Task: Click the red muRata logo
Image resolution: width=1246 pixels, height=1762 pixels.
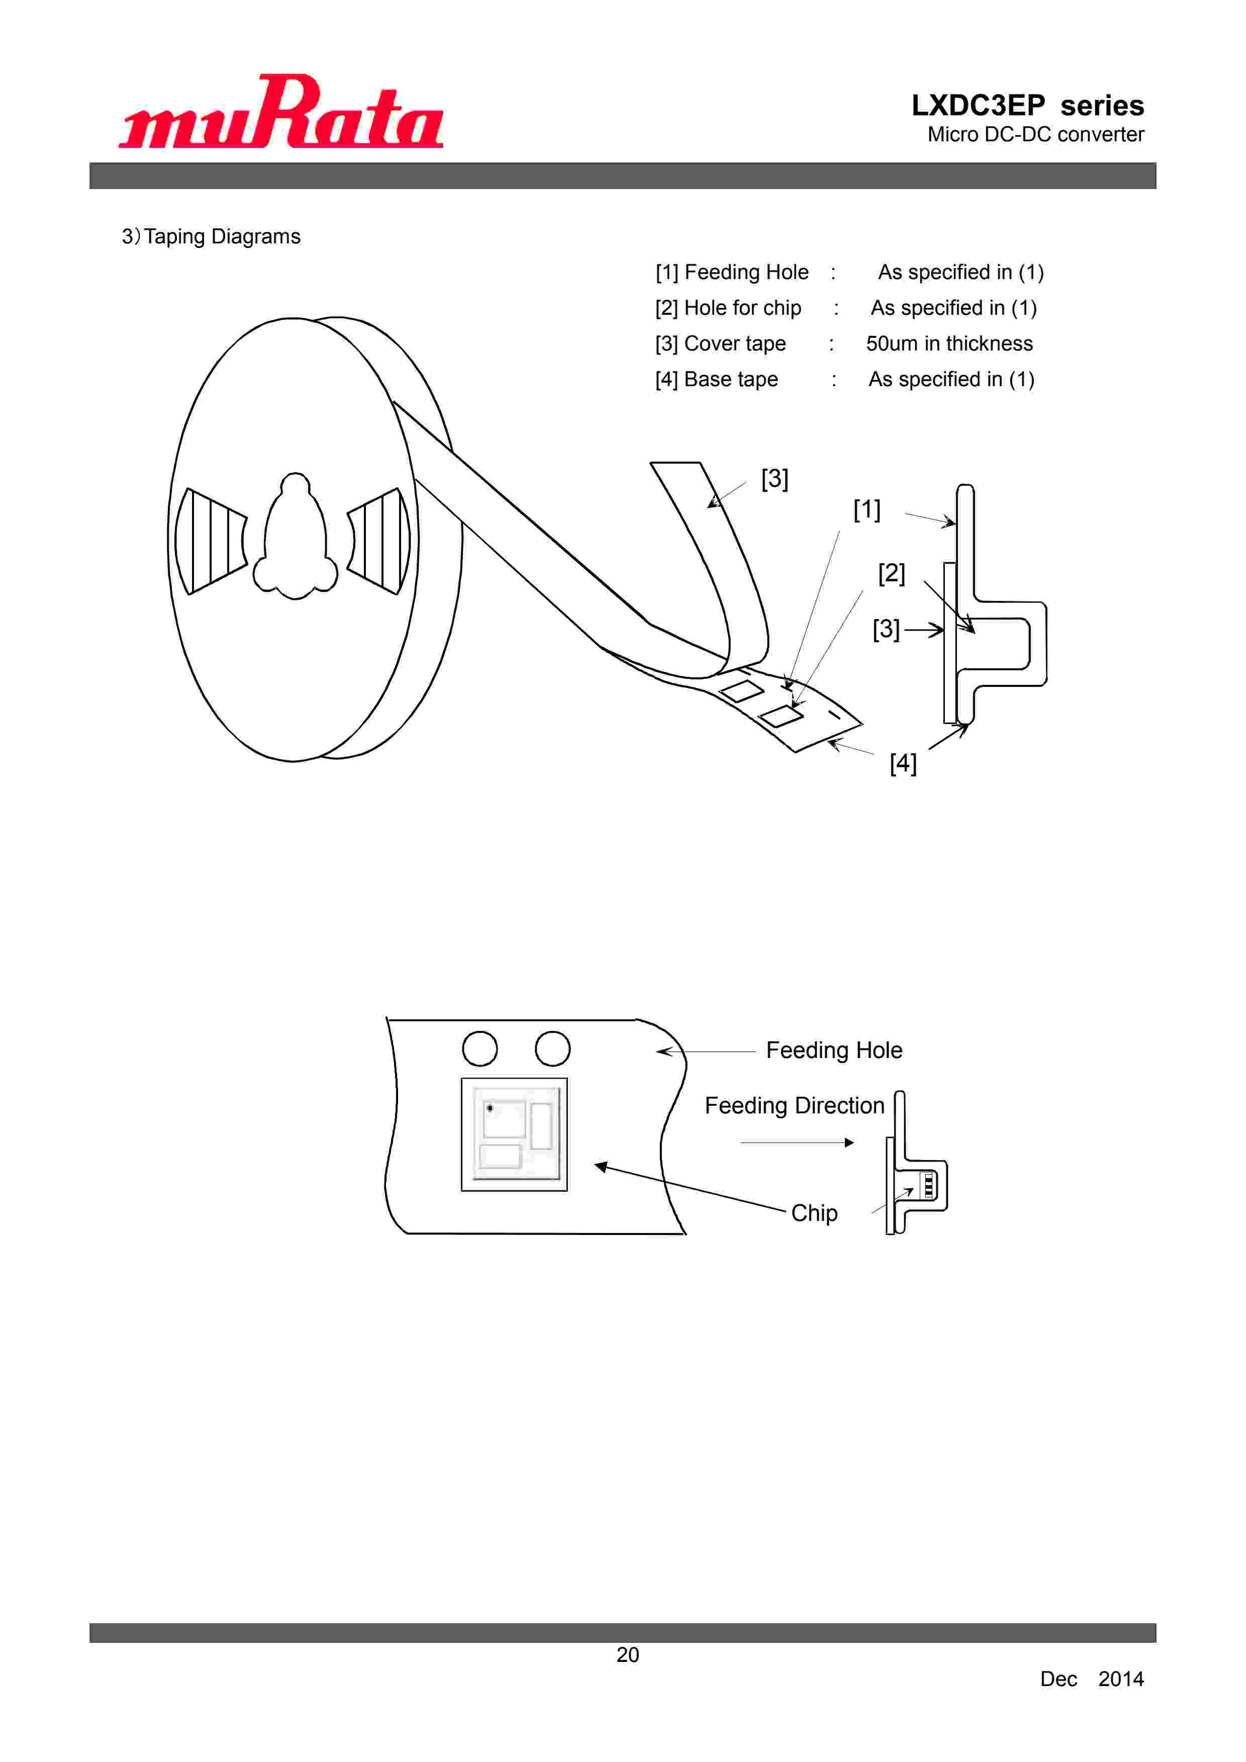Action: coord(281,112)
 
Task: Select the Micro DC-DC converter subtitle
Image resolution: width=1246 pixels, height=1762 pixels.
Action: coord(1035,134)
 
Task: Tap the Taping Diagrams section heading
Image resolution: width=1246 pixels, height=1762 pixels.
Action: coord(211,236)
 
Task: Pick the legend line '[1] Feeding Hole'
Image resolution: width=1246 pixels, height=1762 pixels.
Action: coord(731,273)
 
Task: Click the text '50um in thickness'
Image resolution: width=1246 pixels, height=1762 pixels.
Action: coord(949,344)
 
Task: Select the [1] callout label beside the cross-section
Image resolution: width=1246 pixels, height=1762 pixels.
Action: coord(867,509)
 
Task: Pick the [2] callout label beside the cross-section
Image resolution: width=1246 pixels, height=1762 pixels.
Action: coord(892,573)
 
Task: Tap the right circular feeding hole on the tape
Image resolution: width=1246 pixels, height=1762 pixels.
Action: coord(552,1048)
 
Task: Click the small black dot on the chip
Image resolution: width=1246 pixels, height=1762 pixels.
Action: coord(490,1108)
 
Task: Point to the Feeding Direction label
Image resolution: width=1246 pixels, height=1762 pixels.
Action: coord(794,1106)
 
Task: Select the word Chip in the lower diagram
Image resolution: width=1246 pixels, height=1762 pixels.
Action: coord(814,1213)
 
